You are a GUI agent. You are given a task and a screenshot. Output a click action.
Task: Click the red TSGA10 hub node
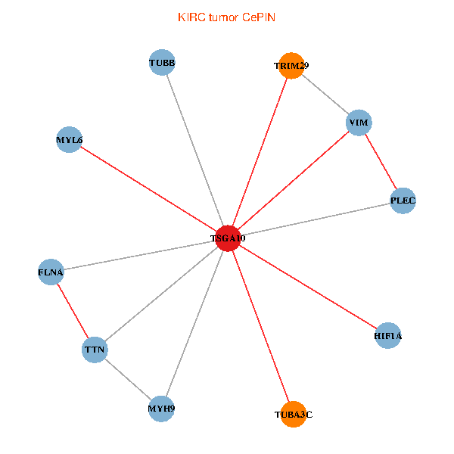click(x=228, y=238)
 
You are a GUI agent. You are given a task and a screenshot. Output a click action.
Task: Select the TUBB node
click(x=163, y=63)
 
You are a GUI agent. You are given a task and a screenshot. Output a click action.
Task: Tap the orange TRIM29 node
click(x=291, y=66)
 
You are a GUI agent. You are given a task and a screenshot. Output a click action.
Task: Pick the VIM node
click(x=359, y=123)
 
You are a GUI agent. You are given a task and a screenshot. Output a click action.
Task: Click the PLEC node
click(x=403, y=201)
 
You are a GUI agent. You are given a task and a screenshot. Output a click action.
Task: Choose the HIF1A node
click(x=388, y=335)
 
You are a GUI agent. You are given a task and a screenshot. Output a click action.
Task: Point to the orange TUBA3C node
click(x=293, y=414)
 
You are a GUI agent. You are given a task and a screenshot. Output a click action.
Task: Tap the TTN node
click(x=95, y=350)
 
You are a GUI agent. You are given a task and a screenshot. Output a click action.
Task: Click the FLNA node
click(x=51, y=272)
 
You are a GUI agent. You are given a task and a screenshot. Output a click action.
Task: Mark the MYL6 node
click(x=69, y=140)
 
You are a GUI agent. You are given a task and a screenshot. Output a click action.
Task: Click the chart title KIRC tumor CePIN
click(x=226, y=17)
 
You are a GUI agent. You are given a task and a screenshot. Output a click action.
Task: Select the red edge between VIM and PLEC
click(x=381, y=161)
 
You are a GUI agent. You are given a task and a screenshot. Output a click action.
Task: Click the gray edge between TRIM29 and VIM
click(x=325, y=95)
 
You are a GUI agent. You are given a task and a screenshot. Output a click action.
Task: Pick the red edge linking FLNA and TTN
click(x=73, y=310)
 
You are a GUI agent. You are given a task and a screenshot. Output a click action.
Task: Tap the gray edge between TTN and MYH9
click(x=128, y=379)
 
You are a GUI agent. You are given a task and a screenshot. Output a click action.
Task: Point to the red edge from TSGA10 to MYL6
click(x=148, y=189)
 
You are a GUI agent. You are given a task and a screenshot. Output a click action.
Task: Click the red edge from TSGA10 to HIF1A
click(x=308, y=286)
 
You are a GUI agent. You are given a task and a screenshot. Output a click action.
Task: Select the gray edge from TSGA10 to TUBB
click(x=195, y=150)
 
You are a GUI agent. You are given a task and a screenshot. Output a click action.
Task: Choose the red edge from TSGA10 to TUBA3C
click(x=260, y=325)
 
